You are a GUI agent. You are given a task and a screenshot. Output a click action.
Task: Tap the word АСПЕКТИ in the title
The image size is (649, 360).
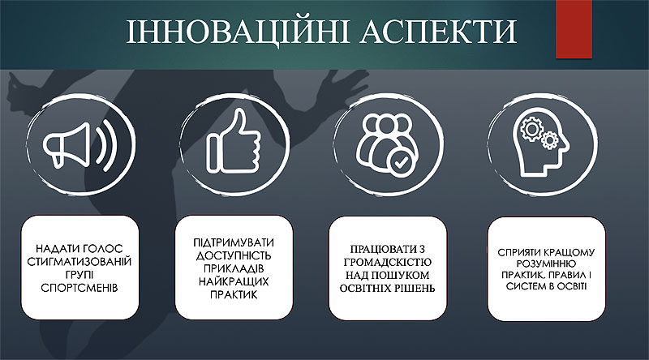click(439, 32)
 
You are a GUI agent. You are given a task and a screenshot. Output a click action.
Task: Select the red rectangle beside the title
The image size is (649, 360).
click(574, 29)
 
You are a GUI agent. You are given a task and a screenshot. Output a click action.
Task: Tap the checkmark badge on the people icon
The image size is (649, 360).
click(400, 162)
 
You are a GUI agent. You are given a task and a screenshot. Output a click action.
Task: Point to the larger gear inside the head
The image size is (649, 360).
click(531, 128)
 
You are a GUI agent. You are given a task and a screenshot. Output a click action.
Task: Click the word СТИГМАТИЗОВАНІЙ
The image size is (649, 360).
click(80, 262)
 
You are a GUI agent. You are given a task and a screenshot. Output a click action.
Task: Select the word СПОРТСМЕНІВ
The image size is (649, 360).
click(80, 288)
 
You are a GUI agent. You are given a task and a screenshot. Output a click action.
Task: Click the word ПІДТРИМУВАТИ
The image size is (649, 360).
click(234, 242)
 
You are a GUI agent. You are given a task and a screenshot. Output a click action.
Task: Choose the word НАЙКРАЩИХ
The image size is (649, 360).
click(234, 282)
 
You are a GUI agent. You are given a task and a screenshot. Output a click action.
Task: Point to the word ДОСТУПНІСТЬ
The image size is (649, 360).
click(234, 255)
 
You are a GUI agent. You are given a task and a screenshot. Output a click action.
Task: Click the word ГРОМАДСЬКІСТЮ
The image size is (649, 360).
click(388, 263)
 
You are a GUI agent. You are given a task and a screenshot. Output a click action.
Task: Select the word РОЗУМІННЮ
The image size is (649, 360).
click(546, 264)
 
